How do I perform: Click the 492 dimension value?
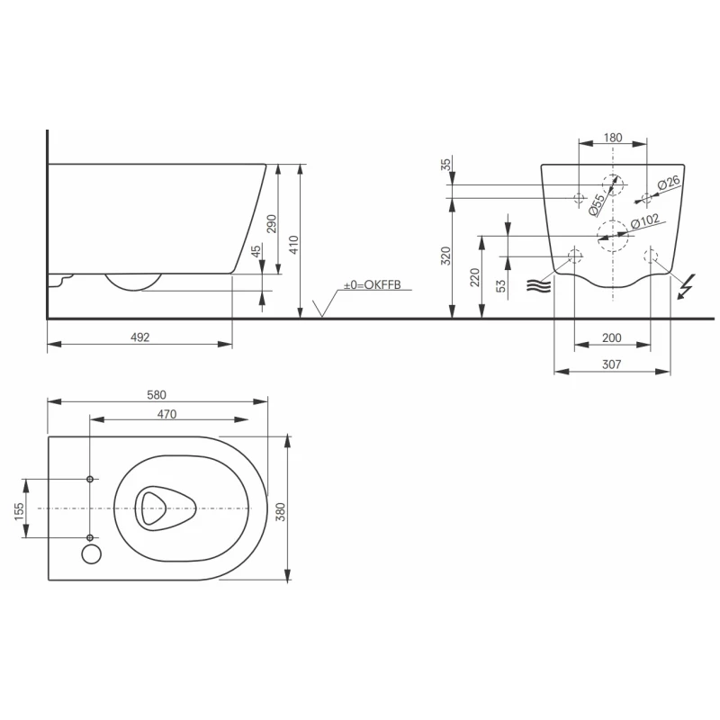coord(139,337)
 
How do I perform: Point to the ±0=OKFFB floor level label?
coord(370,285)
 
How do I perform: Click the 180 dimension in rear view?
coord(612,138)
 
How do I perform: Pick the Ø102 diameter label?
coord(646,220)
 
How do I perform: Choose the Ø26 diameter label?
coord(668,184)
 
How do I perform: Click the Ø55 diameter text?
coord(596,204)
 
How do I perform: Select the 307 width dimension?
coord(612,364)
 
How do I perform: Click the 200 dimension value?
coord(612,337)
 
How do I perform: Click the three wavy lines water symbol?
coord(537,286)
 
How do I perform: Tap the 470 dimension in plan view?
coord(166,414)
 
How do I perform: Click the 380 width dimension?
coord(280,511)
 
